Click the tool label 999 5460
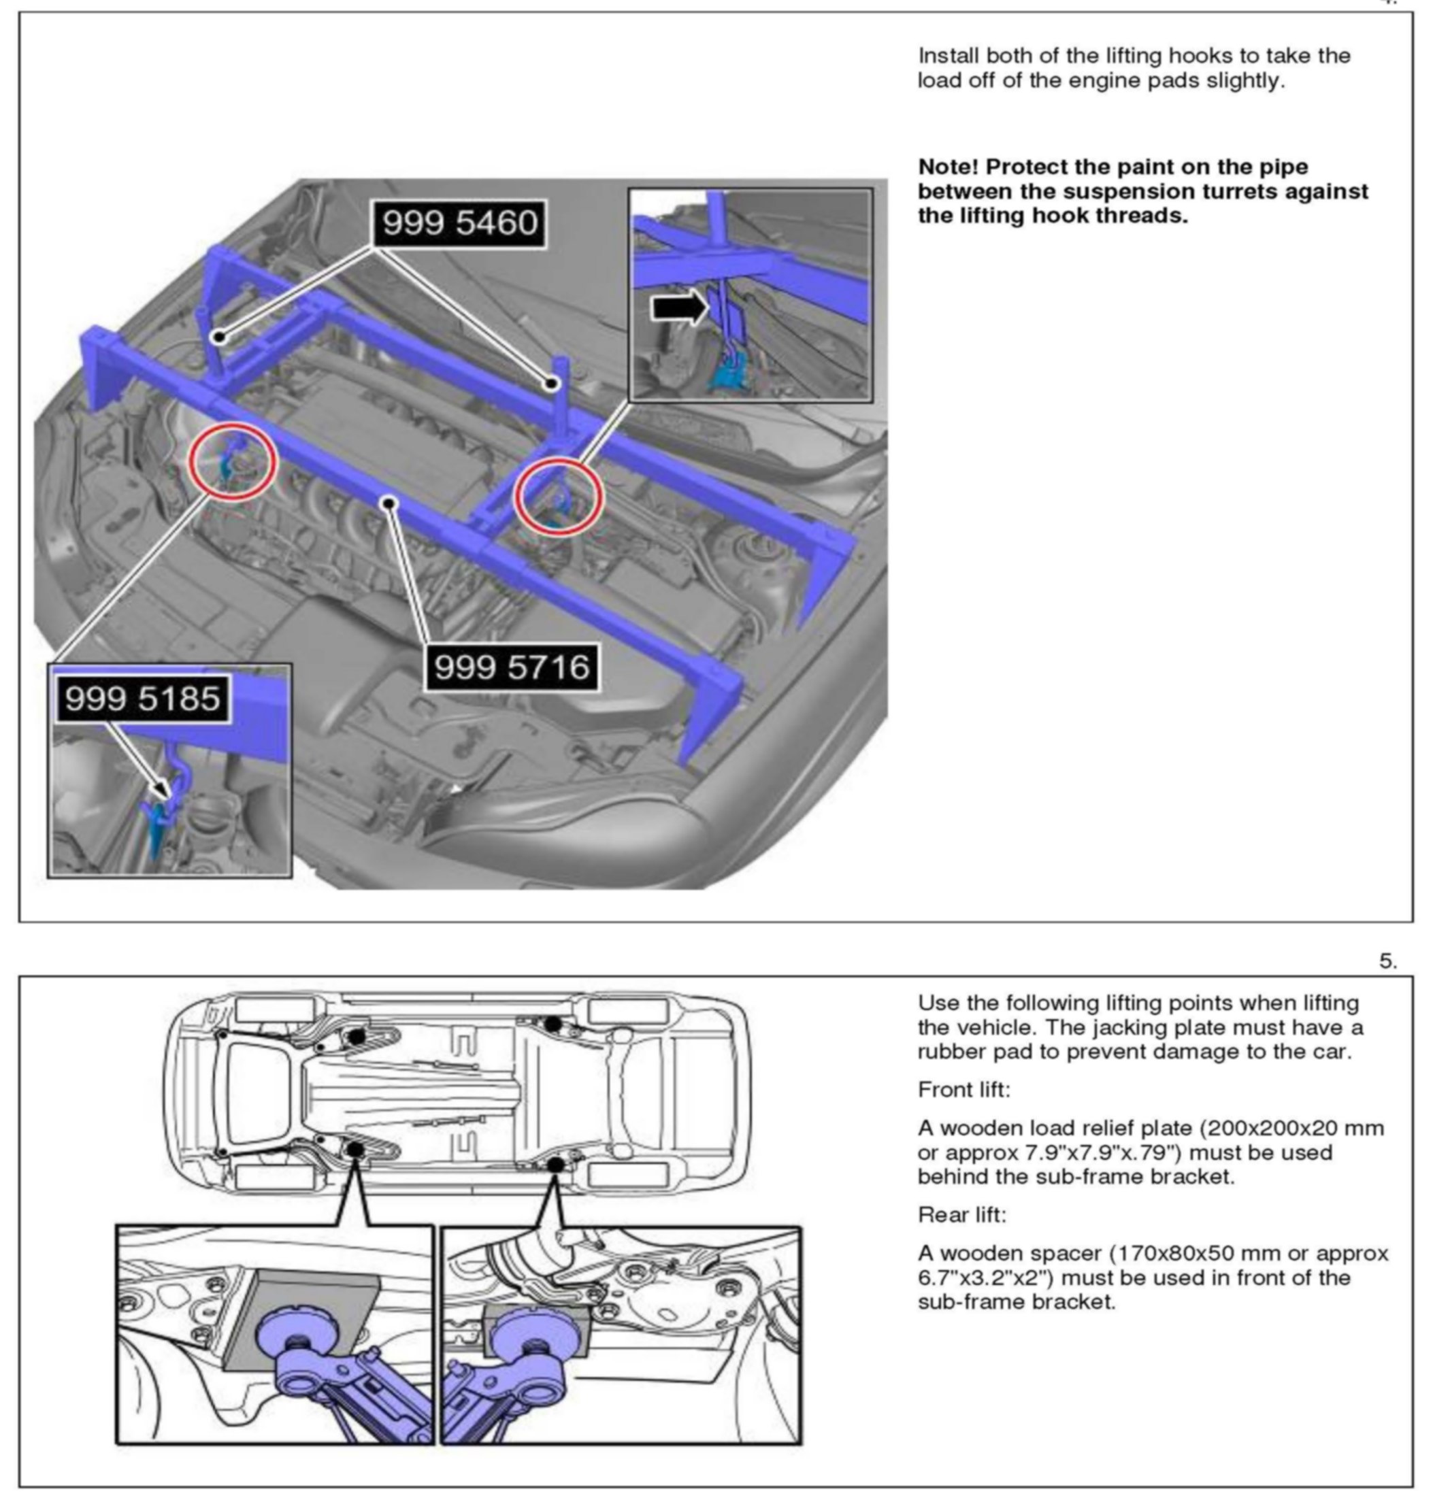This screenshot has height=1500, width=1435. [460, 223]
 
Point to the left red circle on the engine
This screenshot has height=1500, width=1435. [233, 462]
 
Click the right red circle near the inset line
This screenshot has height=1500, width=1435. [559, 497]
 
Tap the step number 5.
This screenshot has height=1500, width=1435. [1387, 961]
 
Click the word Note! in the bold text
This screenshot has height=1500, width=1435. [948, 167]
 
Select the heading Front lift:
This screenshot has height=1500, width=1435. [963, 1089]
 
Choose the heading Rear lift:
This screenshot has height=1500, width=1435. [962, 1215]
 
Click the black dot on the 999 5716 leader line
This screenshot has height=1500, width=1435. [390, 503]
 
